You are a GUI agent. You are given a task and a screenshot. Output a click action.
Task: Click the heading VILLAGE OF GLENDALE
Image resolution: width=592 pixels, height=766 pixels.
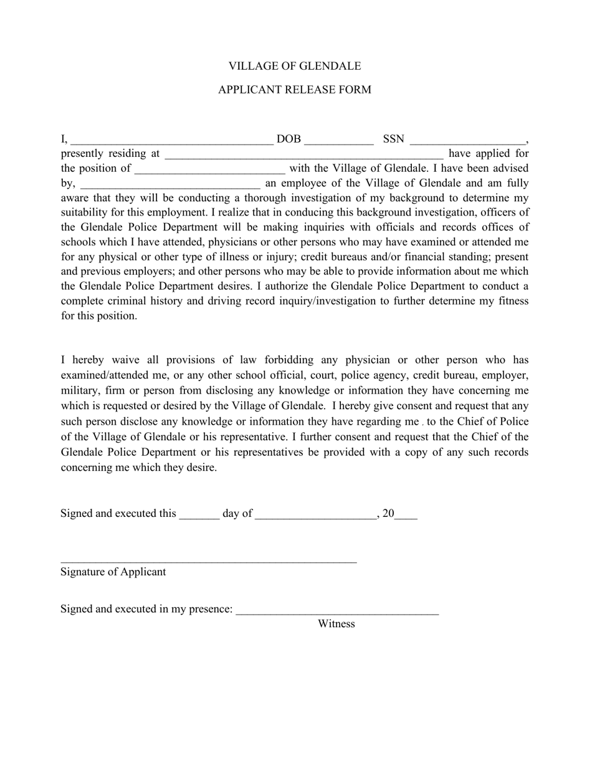[x=294, y=66]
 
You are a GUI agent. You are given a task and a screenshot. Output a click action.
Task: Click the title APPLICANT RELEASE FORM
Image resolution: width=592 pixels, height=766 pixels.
[x=294, y=90]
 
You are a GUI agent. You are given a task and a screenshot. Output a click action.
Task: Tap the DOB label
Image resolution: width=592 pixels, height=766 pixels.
[x=288, y=139]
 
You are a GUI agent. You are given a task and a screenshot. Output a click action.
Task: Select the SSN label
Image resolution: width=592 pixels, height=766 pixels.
[x=393, y=139]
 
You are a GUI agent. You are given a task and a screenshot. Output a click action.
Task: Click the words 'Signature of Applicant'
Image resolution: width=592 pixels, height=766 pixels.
[x=113, y=572]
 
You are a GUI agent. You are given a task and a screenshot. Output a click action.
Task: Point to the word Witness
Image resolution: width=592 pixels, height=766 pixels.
[x=336, y=624]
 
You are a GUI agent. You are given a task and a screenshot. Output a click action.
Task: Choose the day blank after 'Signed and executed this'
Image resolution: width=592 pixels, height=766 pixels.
[x=199, y=516]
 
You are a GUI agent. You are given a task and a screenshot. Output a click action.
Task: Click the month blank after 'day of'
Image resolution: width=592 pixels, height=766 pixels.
[x=315, y=516]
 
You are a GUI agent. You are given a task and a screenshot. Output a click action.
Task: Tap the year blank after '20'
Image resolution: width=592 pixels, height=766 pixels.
[x=406, y=516]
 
